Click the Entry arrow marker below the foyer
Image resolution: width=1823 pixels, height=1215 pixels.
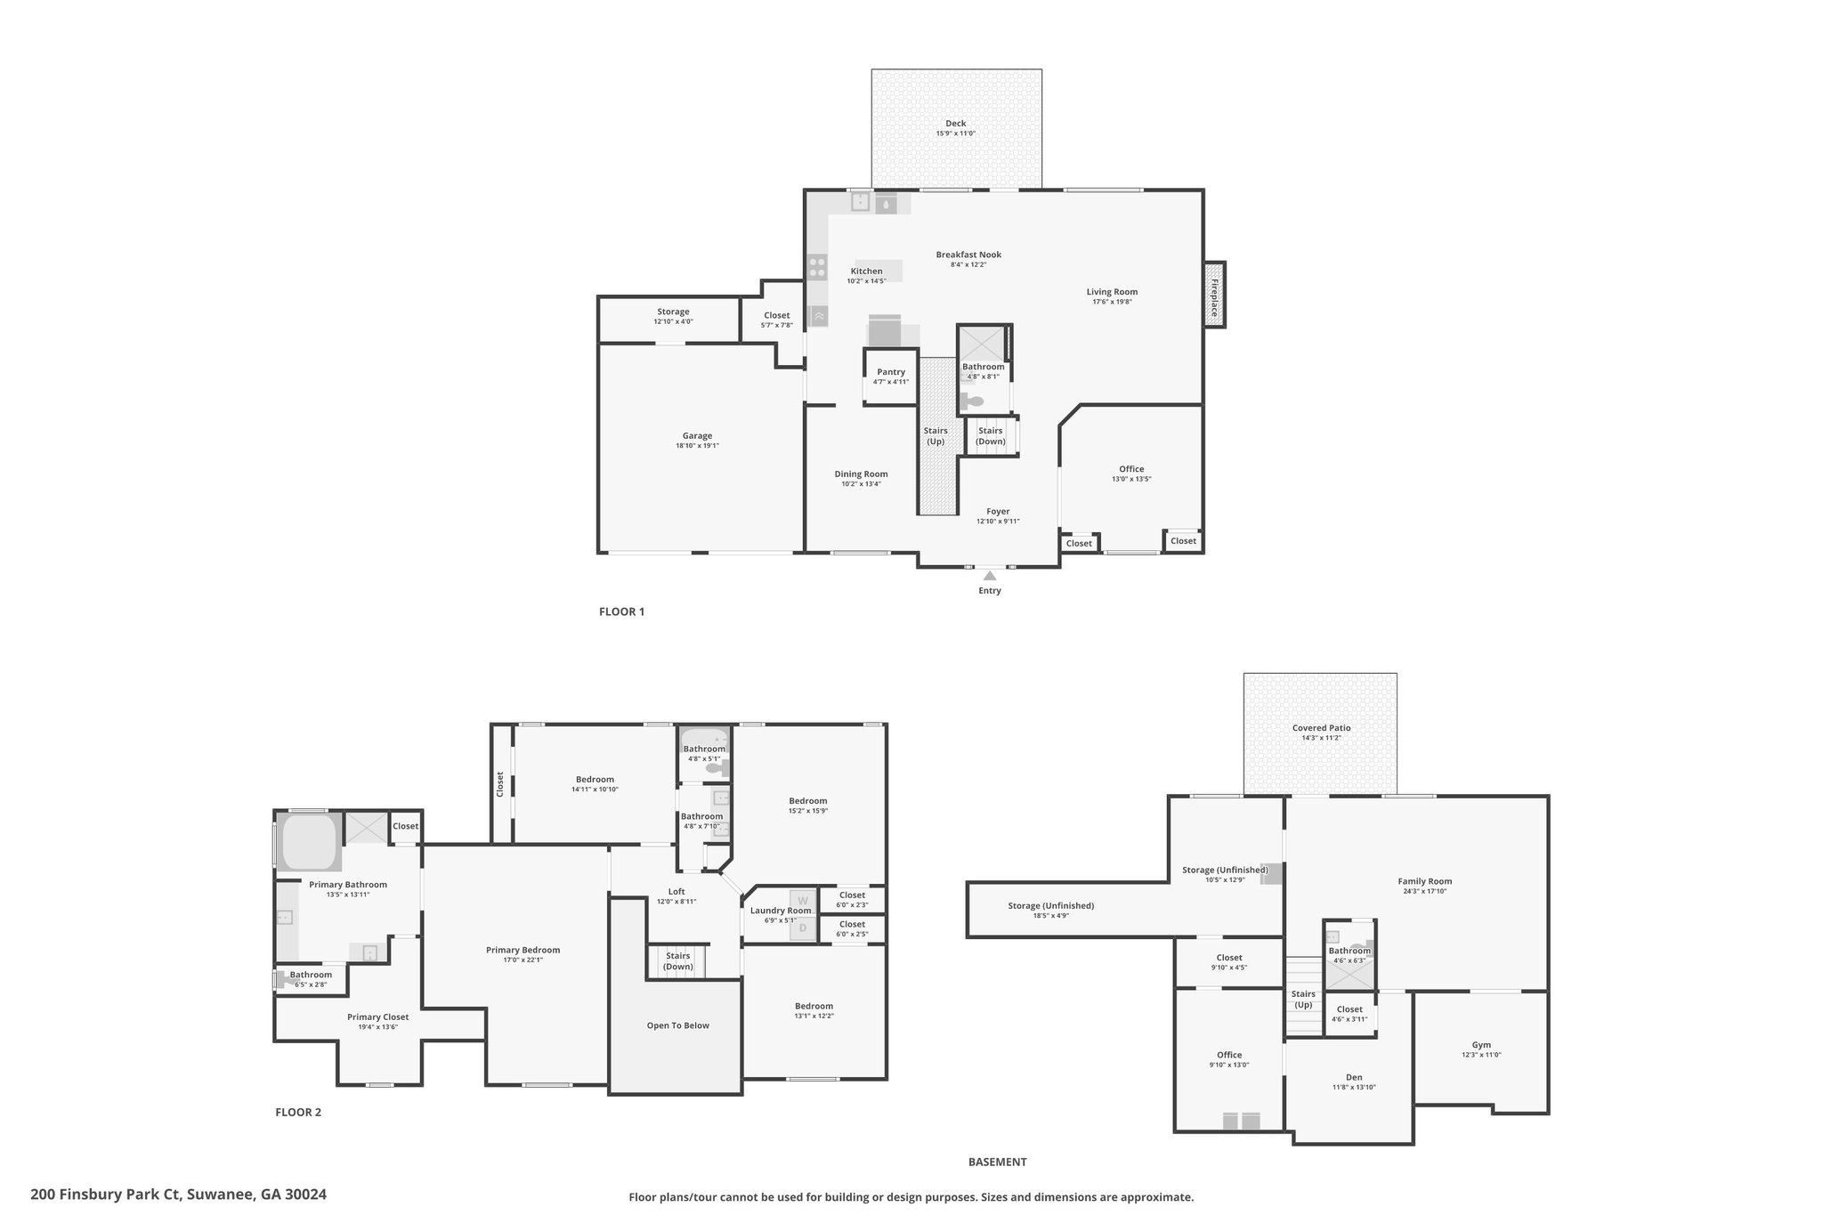[989, 575]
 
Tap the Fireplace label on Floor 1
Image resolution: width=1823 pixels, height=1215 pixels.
[1214, 298]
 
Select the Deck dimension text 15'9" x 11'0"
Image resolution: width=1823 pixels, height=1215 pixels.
[955, 134]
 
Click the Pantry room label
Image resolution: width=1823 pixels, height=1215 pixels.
[891, 372]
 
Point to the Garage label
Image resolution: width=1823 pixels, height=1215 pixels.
[697, 436]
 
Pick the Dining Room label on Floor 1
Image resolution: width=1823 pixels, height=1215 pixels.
[861, 474]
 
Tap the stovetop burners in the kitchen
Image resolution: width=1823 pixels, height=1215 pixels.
[817, 267]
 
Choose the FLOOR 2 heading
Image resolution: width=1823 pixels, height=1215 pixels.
[298, 1112]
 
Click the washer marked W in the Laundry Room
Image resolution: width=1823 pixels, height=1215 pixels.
[802, 901]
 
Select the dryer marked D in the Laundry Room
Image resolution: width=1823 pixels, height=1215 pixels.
[802, 928]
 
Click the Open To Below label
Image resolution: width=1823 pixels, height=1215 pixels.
[677, 1025]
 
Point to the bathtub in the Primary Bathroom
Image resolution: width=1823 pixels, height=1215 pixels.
[309, 841]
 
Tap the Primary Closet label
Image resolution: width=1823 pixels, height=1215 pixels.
[377, 1017]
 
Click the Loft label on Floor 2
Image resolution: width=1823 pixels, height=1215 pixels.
[677, 892]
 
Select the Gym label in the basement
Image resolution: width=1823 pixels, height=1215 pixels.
[1481, 1045]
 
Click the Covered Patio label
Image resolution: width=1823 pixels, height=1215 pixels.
[1321, 728]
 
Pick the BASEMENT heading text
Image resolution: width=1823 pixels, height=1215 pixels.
[997, 1162]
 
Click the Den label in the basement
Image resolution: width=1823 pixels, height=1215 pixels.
[1354, 1077]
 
